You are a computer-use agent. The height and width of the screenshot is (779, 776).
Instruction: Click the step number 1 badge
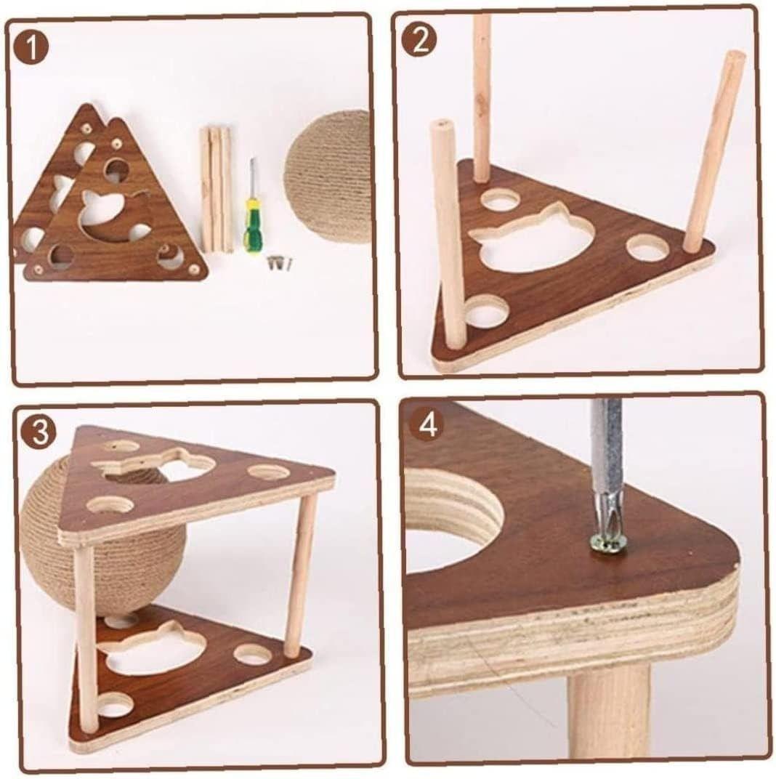point(31,47)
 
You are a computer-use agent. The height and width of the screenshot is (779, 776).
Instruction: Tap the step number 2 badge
point(420,40)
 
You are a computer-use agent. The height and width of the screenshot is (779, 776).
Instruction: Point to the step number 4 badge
point(429,425)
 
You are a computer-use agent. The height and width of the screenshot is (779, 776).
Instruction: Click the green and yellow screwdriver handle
point(251,225)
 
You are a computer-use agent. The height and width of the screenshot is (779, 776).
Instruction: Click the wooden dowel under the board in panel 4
point(609,719)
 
